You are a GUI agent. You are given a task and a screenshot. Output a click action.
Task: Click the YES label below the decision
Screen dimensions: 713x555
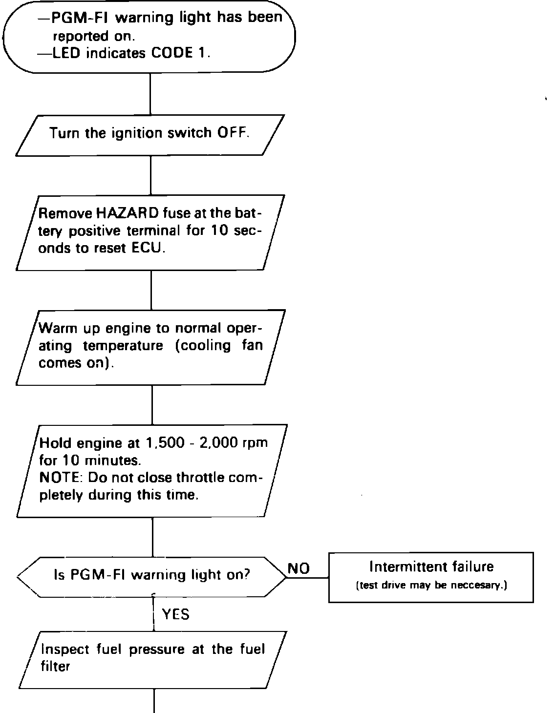[x=175, y=614]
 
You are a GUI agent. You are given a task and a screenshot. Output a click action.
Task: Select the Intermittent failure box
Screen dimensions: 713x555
[x=431, y=577]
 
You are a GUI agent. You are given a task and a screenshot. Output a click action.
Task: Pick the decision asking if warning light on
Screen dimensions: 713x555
[x=151, y=576]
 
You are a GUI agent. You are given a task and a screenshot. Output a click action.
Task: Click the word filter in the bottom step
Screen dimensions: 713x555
[x=56, y=666]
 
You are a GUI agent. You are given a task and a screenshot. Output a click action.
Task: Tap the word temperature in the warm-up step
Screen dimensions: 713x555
[x=123, y=346]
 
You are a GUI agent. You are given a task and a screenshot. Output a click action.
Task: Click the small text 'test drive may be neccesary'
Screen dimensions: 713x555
[x=431, y=586]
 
